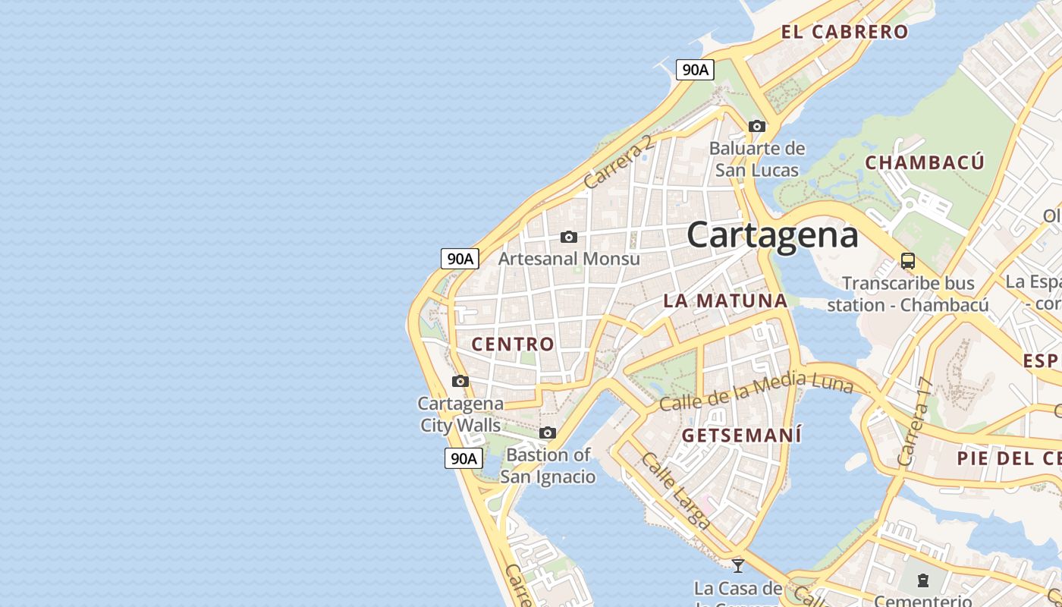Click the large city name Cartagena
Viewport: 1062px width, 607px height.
pos(772,235)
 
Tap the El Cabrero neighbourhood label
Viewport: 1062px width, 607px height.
pos(844,32)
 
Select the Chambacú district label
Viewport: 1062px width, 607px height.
pos(925,162)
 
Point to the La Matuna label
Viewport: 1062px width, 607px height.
pos(725,300)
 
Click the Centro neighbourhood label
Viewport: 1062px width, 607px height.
pos(513,344)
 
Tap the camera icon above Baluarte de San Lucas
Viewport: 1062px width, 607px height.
pos(756,126)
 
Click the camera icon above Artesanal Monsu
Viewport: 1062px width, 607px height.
pos(568,237)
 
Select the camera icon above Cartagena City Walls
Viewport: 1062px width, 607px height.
pos(460,381)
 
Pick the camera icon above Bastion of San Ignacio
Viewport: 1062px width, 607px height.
pos(547,432)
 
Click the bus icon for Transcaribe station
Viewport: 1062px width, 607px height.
pos(907,261)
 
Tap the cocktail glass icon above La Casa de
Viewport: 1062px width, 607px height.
pos(737,565)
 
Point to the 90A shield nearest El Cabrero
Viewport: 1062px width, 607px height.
pos(695,70)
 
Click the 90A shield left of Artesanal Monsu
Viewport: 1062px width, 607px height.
pos(460,258)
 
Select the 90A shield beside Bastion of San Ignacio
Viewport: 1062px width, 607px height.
pos(463,458)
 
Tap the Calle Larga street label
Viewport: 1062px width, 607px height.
pos(675,491)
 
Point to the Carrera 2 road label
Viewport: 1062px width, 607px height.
pos(618,162)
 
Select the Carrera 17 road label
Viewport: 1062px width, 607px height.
pos(914,422)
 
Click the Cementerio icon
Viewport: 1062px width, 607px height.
pos(922,581)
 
